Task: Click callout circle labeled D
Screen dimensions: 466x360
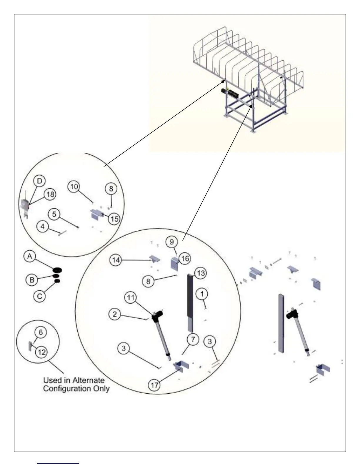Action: pos(40,180)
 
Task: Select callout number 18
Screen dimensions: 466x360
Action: pos(51,194)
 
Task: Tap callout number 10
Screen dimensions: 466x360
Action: pos(74,187)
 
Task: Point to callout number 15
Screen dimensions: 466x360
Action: pos(114,219)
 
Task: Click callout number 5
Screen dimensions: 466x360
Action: pos(54,214)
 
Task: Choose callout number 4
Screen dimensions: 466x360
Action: pos(43,227)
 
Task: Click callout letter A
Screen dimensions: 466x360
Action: pos(29,257)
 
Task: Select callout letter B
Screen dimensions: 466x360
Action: pos(32,280)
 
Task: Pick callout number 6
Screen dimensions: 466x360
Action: pos(41,332)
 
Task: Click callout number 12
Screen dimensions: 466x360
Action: pos(42,352)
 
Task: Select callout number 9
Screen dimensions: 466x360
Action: pos(172,242)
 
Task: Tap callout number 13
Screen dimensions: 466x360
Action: pos(201,273)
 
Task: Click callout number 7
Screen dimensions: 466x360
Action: pos(193,339)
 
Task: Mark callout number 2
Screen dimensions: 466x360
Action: pos(115,314)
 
